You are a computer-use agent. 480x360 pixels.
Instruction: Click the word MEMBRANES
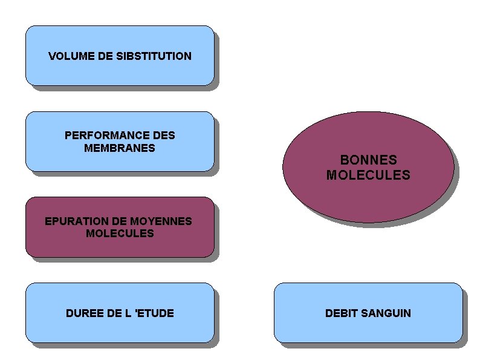click(x=120, y=148)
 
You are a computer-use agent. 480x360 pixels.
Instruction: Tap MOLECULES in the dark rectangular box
click(x=120, y=233)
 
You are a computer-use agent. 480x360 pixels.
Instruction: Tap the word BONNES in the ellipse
click(x=368, y=160)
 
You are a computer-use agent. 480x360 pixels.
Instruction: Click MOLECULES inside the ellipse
click(x=368, y=175)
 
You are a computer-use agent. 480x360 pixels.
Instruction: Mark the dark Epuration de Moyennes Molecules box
click(x=120, y=247)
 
